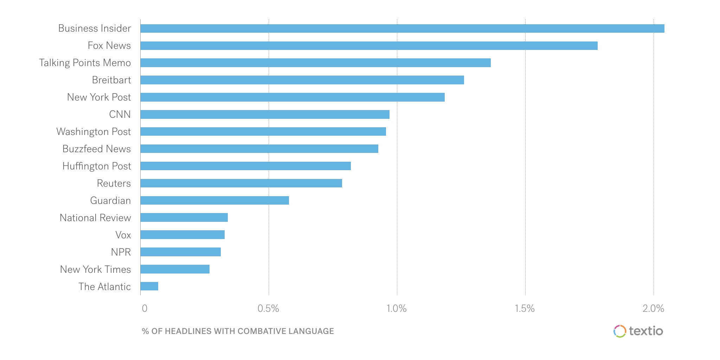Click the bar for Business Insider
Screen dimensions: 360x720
(402, 28)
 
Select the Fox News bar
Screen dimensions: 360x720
(369, 46)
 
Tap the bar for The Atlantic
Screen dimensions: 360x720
(149, 286)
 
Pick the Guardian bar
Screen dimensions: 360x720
(214, 200)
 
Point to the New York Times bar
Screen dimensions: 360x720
(175, 269)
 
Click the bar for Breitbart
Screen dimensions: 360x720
(302, 80)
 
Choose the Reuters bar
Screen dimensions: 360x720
(241, 183)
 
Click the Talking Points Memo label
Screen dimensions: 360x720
(85, 63)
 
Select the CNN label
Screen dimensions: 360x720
(120, 115)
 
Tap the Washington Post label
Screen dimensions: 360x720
(94, 132)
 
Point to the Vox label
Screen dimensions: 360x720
(123, 235)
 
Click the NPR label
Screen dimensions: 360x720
(121, 252)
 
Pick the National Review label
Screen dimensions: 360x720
(95, 218)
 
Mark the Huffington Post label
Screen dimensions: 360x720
(96, 166)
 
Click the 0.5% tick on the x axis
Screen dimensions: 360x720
(268, 309)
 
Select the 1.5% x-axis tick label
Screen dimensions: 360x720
(525, 309)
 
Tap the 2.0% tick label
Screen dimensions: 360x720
(653, 309)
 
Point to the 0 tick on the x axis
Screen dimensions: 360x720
(144, 309)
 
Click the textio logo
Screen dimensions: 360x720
(638, 331)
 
